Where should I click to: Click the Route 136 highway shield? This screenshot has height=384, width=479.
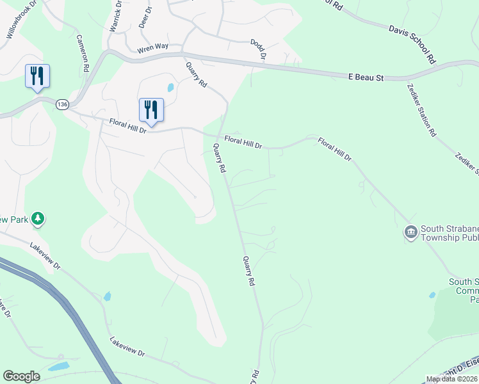[62, 104]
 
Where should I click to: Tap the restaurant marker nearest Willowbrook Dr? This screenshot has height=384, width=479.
[37, 76]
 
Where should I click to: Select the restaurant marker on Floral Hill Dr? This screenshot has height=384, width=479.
[151, 109]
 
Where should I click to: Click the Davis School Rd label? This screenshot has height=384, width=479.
[412, 45]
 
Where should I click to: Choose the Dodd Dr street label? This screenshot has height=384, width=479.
[257, 49]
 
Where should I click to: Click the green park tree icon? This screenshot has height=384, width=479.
[38, 220]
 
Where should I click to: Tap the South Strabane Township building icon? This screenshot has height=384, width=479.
[410, 231]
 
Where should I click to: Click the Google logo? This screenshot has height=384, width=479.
[21, 376]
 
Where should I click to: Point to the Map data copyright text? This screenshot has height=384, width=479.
[451, 379]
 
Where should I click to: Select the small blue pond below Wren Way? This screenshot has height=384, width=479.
[170, 88]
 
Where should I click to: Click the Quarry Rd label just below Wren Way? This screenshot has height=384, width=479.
[197, 74]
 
